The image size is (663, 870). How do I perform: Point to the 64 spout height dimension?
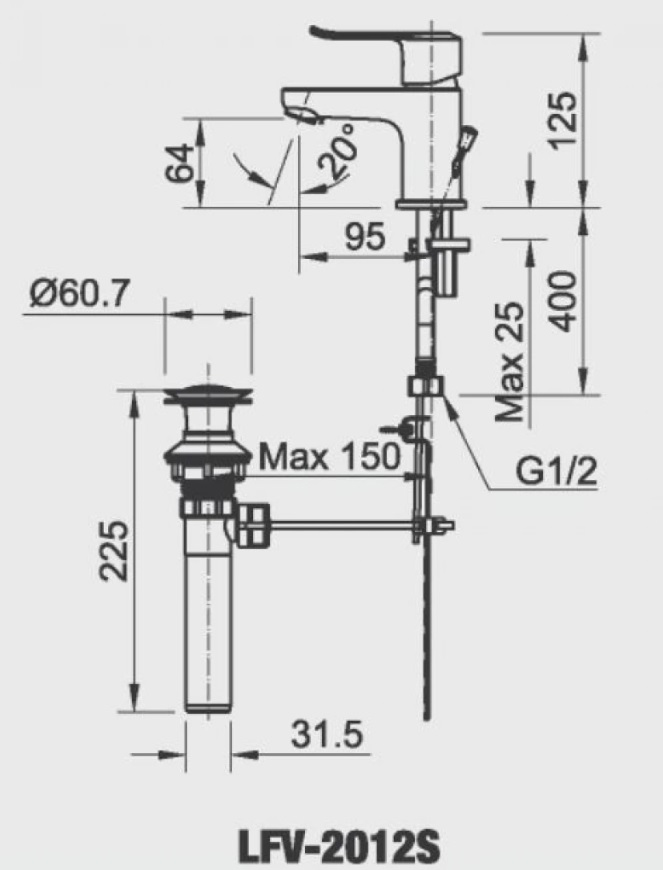click(x=180, y=163)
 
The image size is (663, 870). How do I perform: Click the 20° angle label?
click(x=338, y=148)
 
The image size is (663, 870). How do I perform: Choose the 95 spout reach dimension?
click(x=365, y=237)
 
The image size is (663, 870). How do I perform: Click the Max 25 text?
click(x=509, y=361)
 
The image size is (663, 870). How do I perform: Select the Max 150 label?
click(x=330, y=457)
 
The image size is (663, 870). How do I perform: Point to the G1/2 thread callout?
click(x=556, y=471)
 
